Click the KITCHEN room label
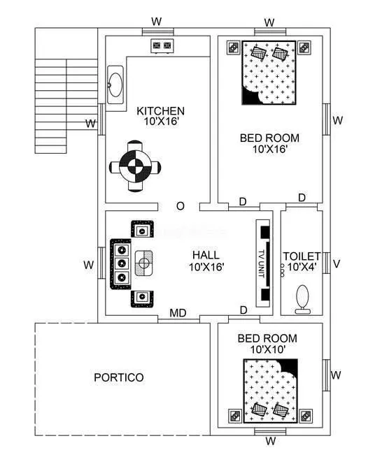coord(160,111)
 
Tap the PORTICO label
coord(119,377)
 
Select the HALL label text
coord(205,255)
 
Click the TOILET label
coord(302,256)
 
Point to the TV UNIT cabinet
coord(264,263)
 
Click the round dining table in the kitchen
coord(135,167)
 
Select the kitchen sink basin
coord(115,85)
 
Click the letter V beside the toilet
coord(337,264)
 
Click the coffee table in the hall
coord(144,263)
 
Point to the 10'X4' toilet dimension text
coord(302,267)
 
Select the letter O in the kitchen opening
coord(180,206)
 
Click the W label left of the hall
coord(89,265)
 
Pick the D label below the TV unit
coord(243,310)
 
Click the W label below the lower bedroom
coord(270,441)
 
